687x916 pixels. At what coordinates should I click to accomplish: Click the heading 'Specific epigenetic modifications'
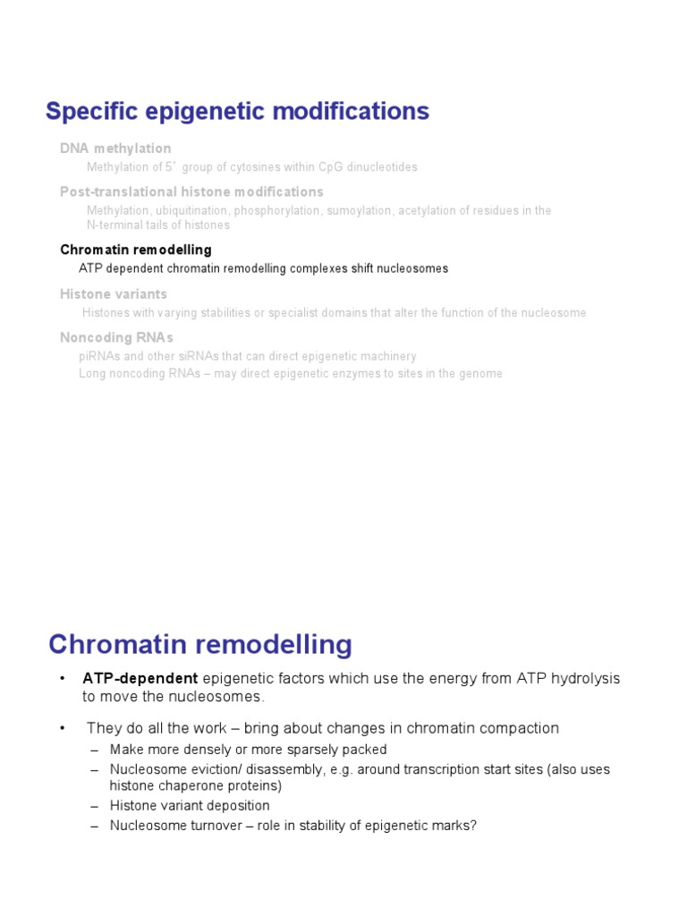(237, 112)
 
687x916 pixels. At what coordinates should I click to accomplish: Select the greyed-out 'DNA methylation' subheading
(115, 148)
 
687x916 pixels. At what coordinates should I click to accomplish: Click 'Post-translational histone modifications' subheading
(191, 192)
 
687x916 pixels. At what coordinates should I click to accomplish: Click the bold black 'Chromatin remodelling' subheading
(136, 250)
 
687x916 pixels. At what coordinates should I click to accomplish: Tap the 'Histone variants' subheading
(114, 294)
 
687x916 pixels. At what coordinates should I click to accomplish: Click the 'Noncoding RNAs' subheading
(116, 338)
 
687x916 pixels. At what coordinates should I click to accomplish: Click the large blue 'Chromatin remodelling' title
(200, 644)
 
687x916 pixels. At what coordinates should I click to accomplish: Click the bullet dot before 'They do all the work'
(63, 728)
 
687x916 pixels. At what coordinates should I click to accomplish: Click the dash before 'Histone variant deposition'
(94, 806)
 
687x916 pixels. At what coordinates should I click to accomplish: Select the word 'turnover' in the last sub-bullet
(208, 826)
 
